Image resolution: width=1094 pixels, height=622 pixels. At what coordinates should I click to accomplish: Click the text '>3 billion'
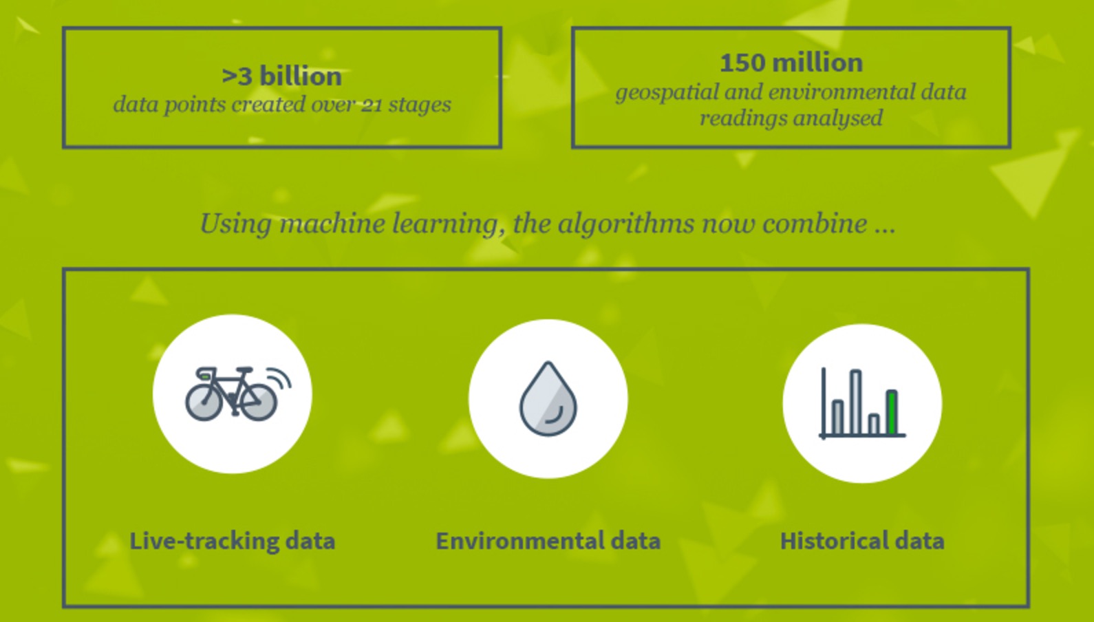pyautogui.click(x=281, y=76)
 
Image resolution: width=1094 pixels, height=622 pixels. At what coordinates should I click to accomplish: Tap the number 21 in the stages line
pyautogui.click(x=372, y=105)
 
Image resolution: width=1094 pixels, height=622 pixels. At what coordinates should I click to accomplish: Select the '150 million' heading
pyautogui.click(x=791, y=63)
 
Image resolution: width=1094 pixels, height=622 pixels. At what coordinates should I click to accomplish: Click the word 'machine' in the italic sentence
pyautogui.click(x=332, y=224)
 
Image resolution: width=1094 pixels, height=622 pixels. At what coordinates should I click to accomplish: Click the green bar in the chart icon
pyautogui.click(x=892, y=412)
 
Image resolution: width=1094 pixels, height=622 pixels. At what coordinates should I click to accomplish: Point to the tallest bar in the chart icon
pyautogui.click(x=855, y=403)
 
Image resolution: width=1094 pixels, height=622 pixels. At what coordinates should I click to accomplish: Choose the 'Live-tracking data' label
pyautogui.click(x=233, y=541)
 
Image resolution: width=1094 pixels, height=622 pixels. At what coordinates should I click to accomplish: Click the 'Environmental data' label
pyautogui.click(x=548, y=541)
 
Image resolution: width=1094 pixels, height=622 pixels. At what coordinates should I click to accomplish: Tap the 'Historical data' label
pyautogui.click(x=861, y=541)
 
